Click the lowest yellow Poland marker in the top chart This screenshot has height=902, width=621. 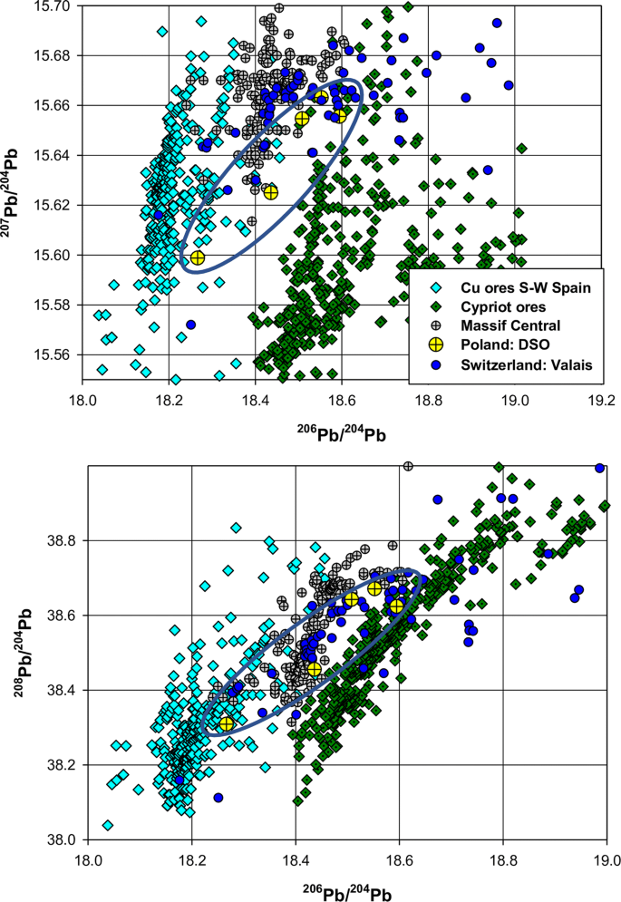[198, 258]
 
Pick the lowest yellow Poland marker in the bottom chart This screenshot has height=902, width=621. [226, 723]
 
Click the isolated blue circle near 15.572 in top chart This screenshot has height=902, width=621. [191, 325]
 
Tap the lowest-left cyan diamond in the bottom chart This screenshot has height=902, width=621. [108, 825]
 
